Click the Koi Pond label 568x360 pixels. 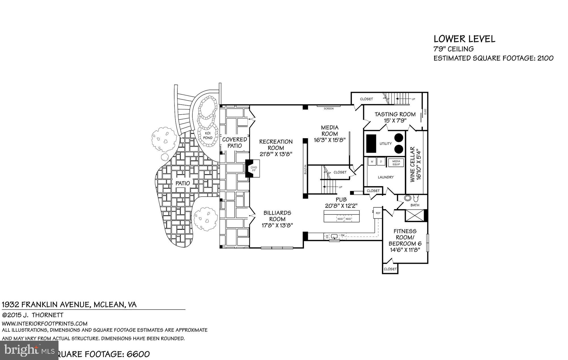click(x=208, y=135)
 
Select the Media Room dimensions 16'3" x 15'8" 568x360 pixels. click(x=329, y=140)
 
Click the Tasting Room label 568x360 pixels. click(x=395, y=114)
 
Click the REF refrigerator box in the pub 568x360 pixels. click(x=378, y=213)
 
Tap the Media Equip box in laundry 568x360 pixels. click(x=396, y=163)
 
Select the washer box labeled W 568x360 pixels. click(x=372, y=162)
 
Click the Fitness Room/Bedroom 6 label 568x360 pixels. click(x=405, y=237)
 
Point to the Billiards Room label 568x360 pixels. click(x=277, y=216)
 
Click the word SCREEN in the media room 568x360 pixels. click(x=329, y=109)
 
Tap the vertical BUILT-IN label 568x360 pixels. click(x=305, y=169)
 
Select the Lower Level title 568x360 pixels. click(x=464, y=39)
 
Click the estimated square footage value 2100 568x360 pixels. click(x=545, y=58)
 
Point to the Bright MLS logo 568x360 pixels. click(x=29, y=350)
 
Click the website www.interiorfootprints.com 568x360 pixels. click(x=45, y=323)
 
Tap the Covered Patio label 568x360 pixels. click(x=234, y=143)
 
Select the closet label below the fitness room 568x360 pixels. click(x=390, y=269)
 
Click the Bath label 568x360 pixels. click(x=415, y=205)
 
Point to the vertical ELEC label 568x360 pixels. click(x=425, y=112)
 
